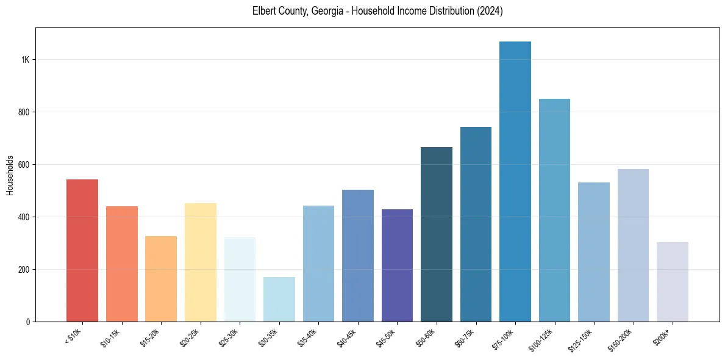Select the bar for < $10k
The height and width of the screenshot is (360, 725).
pyautogui.click(x=82, y=250)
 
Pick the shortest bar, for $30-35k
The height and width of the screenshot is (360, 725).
pyautogui.click(x=279, y=299)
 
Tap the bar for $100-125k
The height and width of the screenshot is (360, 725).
pyautogui.click(x=554, y=210)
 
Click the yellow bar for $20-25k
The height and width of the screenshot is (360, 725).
pyautogui.click(x=200, y=262)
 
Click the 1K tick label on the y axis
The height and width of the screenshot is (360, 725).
pyautogui.click(x=25, y=60)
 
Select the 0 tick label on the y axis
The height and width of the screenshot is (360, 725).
pyautogui.click(x=29, y=322)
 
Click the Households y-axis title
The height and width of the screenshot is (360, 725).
pyautogui.click(x=10, y=175)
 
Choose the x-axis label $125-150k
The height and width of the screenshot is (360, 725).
pyautogui.click(x=582, y=339)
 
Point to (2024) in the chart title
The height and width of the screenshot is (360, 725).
pyautogui.click(x=490, y=12)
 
